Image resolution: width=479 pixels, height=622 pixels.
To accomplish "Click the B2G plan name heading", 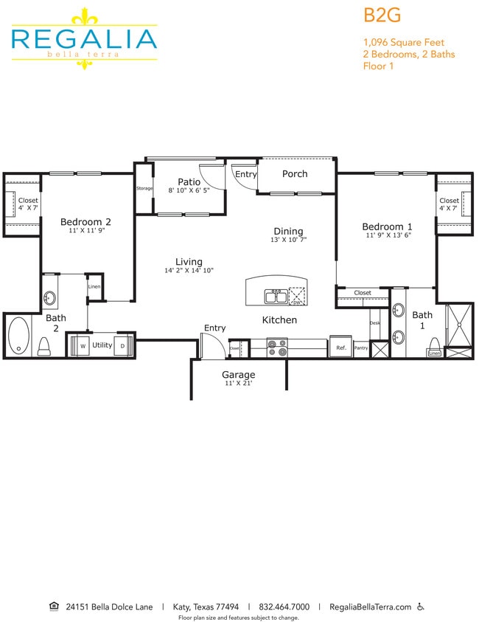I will tap(381, 15).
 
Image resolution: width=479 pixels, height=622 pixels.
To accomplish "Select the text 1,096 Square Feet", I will tap(404, 42).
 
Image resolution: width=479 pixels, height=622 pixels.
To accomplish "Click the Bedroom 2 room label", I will tap(85, 221).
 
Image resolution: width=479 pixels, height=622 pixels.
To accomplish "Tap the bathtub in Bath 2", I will tap(17, 336).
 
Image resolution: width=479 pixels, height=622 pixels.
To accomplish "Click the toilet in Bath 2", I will tap(43, 345).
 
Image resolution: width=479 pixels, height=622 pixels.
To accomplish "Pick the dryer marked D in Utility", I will tap(123, 345).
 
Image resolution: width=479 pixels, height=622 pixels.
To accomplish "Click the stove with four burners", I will tap(276, 347).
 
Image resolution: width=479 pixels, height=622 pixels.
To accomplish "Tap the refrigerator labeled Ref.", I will tap(341, 348).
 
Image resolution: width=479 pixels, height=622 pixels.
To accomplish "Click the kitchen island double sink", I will tap(276, 296).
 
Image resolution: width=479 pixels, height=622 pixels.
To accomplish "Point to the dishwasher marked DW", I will tap(297, 296).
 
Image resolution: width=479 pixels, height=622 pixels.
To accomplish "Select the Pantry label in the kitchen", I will tap(360, 348).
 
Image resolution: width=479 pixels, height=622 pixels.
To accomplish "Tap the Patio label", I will tap(189, 182).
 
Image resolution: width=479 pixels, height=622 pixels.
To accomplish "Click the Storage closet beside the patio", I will tap(144, 189).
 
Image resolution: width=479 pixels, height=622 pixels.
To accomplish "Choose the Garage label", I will tap(239, 374).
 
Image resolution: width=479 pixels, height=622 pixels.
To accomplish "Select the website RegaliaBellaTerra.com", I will tap(370, 607).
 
